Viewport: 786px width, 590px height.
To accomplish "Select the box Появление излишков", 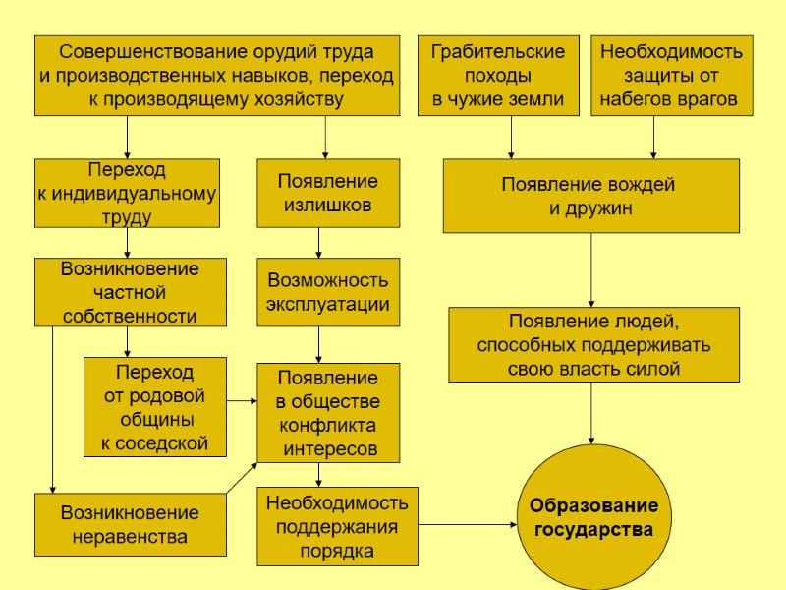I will pyautogui.click(x=327, y=194).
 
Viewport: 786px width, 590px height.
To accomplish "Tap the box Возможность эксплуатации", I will pyautogui.click(x=327, y=292).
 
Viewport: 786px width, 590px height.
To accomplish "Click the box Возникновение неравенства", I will pyautogui.click(x=129, y=524).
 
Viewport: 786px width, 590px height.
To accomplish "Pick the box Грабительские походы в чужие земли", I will pyautogui.click(x=497, y=76).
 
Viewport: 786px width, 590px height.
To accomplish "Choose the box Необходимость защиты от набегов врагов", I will pyautogui.click(x=670, y=76).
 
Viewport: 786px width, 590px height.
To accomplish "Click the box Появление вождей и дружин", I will pyautogui.click(x=589, y=196).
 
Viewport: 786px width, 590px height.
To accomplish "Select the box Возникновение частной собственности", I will pyautogui.click(x=129, y=292).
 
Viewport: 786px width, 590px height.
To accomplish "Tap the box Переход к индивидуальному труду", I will pyautogui.click(x=126, y=194).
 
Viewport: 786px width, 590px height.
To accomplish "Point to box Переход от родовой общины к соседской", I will pyautogui.click(x=155, y=407).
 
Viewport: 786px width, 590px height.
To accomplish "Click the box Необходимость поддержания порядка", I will pyautogui.click(x=337, y=526).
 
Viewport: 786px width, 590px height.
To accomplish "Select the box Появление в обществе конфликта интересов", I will pyautogui.click(x=327, y=413).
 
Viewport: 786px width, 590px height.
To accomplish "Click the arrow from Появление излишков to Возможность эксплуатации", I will pyautogui.click(x=318, y=242).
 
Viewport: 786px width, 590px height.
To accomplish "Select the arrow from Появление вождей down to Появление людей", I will pyautogui.click(x=591, y=269).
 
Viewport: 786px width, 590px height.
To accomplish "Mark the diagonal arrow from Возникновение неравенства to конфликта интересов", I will pyautogui.click(x=241, y=478).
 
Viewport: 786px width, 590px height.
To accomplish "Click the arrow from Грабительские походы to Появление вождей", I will pyautogui.click(x=511, y=138).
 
